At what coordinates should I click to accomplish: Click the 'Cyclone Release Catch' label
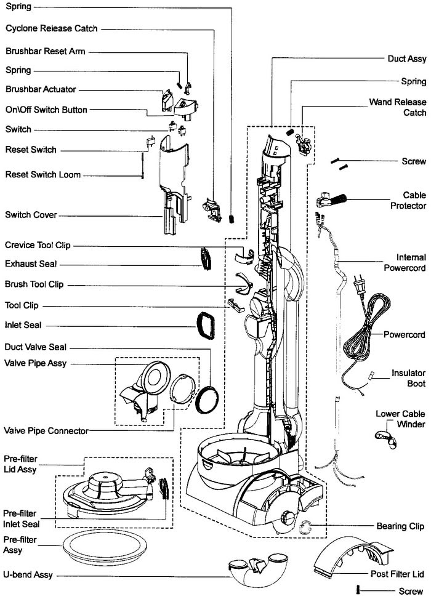tap(51, 28)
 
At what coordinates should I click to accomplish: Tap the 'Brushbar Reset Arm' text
tap(45, 51)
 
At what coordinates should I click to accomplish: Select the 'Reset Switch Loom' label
tap(42, 175)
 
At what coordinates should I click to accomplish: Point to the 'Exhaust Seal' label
tap(31, 264)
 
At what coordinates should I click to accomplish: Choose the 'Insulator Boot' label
tap(408, 379)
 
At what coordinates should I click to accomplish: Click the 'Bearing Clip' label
tap(401, 526)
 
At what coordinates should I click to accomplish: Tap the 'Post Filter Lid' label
tap(397, 574)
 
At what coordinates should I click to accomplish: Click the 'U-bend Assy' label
tap(28, 574)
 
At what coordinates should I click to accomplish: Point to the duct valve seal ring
tap(206, 399)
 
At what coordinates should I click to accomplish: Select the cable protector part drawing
tap(331, 200)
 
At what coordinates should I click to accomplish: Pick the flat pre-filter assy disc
tap(105, 545)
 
